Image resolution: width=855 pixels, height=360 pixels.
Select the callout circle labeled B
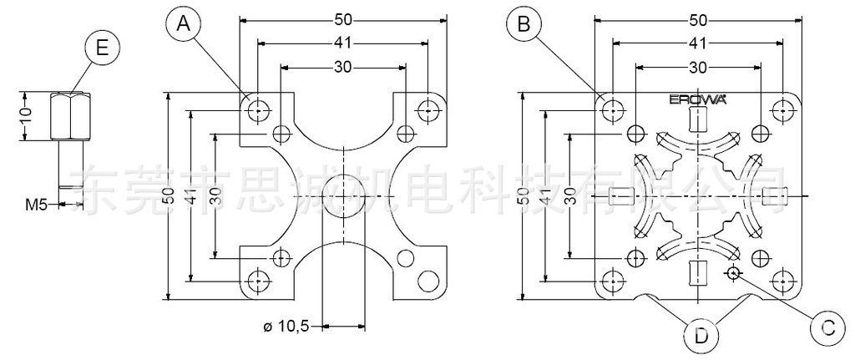click(525, 26)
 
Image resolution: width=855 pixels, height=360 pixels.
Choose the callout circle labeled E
click(102, 48)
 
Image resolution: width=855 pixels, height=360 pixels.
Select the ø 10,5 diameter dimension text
click(286, 327)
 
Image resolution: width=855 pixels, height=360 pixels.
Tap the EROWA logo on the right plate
click(698, 99)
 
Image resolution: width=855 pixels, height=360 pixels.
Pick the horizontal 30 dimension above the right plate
click(698, 66)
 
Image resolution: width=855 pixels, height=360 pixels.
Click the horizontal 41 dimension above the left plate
click(343, 42)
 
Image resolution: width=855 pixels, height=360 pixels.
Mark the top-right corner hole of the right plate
click(782, 109)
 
